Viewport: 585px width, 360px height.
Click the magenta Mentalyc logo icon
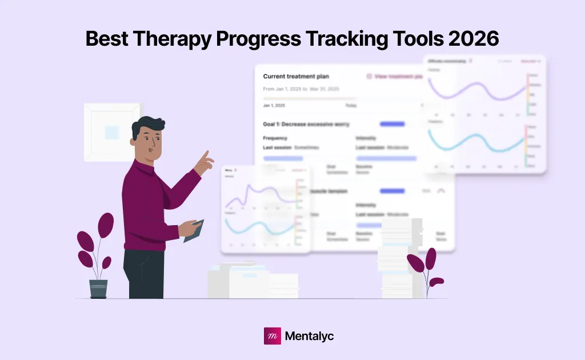click(x=272, y=336)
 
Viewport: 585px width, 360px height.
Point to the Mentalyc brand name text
click(x=308, y=336)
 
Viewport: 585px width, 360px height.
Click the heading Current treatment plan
click(x=296, y=76)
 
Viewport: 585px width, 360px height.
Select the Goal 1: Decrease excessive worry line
click(x=306, y=124)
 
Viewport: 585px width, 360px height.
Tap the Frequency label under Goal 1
click(x=275, y=138)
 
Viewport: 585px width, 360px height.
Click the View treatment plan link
click(x=396, y=76)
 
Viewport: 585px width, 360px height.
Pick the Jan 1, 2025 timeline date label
click(x=274, y=106)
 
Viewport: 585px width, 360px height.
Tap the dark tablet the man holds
click(x=194, y=231)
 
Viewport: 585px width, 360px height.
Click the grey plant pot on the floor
click(x=98, y=289)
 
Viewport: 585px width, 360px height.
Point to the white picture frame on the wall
click(x=112, y=132)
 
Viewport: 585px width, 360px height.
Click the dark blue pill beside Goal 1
click(x=392, y=124)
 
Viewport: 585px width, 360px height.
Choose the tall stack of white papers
click(x=400, y=257)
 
